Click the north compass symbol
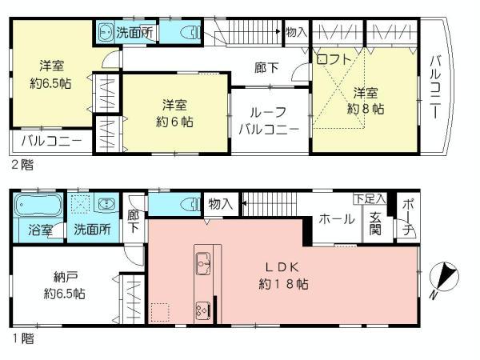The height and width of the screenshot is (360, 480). point(442,279)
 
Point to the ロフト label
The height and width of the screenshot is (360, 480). point(331,59)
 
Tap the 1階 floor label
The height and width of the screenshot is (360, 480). point(22,338)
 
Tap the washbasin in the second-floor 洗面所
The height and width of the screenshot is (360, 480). point(106,33)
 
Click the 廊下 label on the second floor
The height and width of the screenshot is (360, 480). point(267,69)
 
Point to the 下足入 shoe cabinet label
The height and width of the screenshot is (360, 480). point(370,198)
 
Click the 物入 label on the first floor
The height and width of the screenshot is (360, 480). point(219,205)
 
